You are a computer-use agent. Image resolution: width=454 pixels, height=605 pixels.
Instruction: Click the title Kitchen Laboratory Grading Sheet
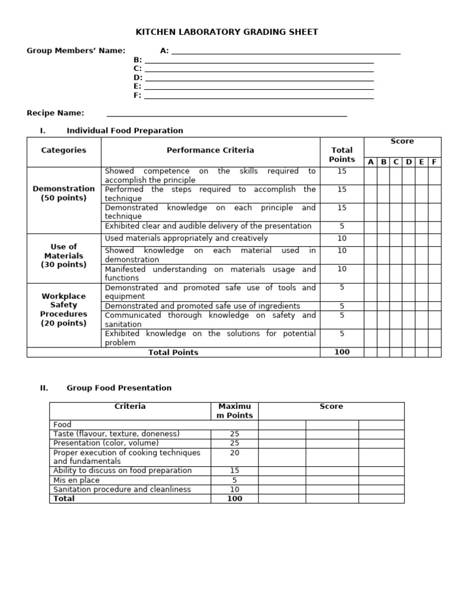pos(227,32)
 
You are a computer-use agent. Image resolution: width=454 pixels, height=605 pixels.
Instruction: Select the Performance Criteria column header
pos(210,151)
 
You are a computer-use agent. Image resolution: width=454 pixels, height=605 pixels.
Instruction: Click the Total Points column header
pos(342,155)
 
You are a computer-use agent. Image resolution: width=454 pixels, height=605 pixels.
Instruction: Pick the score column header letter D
pos(408,162)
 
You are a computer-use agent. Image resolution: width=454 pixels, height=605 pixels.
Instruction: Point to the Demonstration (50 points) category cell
pos(64,193)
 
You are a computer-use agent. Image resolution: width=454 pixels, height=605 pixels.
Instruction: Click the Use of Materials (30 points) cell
pos(64,256)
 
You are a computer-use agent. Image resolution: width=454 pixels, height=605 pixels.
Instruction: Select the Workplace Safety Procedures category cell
pos(64,310)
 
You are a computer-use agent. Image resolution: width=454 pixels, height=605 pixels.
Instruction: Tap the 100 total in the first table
pos(342,352)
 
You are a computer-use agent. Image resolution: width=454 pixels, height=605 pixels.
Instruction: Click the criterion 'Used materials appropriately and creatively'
pos(186,239)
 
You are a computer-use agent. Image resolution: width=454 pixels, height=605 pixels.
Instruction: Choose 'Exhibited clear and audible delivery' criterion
pos(207,226)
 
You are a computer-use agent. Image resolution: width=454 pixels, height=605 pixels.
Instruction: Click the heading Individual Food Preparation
pos(125,131)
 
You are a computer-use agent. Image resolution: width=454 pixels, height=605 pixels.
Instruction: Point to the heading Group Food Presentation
pos(119,388)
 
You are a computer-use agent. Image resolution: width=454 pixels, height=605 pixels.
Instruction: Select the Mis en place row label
pos(76,480)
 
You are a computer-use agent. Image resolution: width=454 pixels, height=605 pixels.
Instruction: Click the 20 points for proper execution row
pos(235,453)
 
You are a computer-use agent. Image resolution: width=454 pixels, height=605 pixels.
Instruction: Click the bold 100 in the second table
pos(235,499)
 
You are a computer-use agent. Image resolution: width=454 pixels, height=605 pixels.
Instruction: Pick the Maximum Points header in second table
pos(235,411)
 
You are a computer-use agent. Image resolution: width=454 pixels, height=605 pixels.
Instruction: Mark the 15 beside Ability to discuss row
pos(235,471)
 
